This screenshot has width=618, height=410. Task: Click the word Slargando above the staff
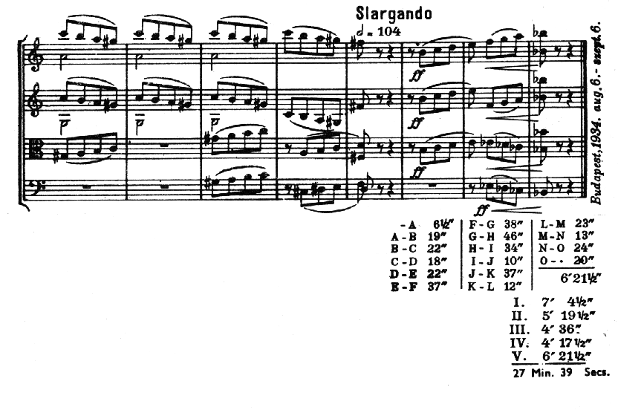pyautogui.click(x=393, y=13)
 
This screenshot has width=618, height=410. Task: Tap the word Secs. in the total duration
pyautogui.click(x=596, y=373)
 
